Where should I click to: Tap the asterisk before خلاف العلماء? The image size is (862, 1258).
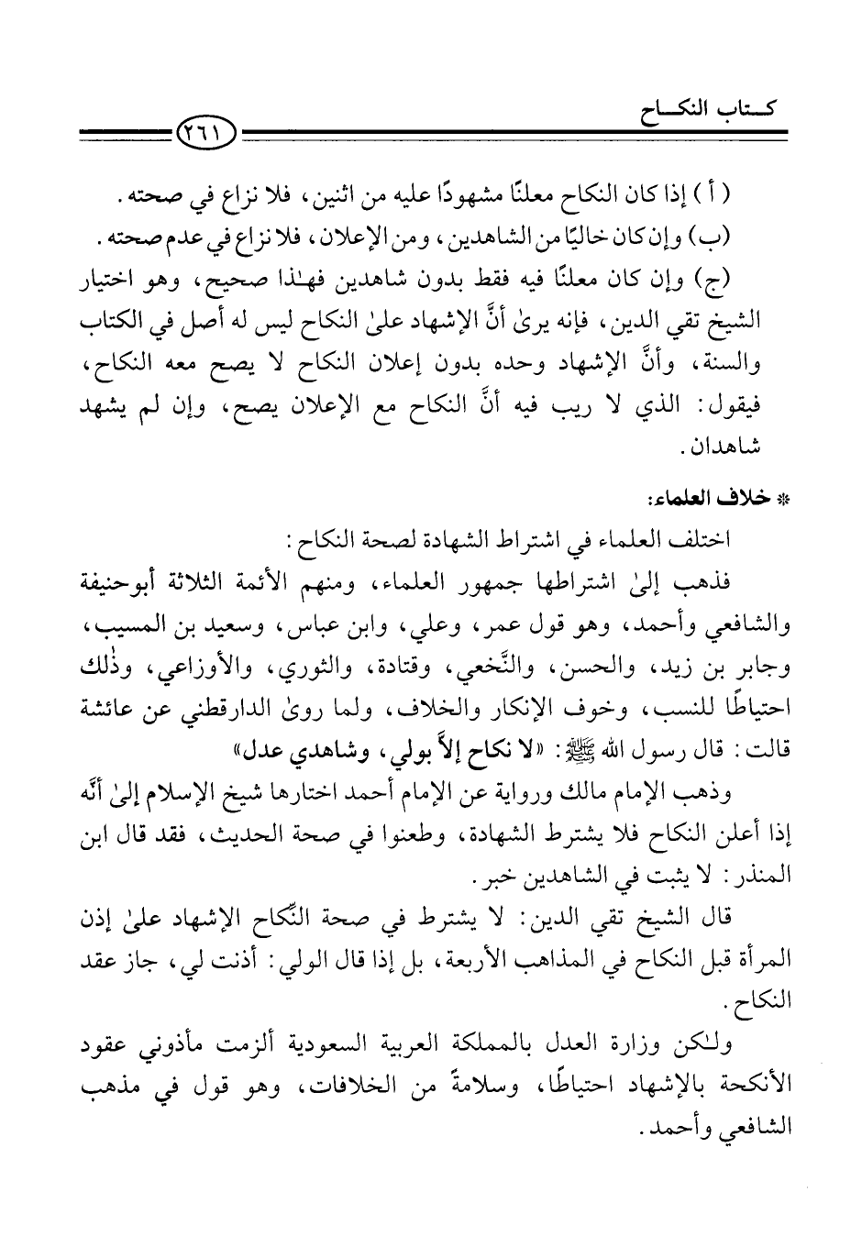click(x=783, y=500)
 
